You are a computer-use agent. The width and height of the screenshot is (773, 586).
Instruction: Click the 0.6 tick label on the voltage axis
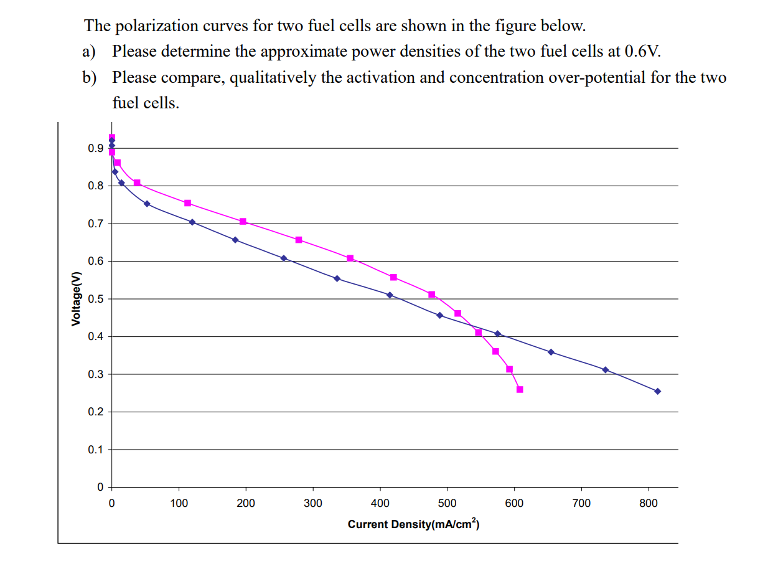95,262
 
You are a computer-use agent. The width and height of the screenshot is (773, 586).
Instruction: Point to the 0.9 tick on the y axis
95,148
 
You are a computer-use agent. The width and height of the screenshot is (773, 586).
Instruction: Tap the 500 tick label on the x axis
447,503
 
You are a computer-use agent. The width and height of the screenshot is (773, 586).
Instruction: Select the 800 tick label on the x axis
648,503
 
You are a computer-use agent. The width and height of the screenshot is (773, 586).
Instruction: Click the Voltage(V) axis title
76,299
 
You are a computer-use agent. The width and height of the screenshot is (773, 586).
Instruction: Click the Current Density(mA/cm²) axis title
413,524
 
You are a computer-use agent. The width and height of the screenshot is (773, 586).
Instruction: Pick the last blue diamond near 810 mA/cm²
657,391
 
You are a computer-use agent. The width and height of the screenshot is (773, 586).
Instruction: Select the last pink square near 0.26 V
520,389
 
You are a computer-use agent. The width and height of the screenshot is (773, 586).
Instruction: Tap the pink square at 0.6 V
350,258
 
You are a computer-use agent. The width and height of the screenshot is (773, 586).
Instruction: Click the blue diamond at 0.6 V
284,258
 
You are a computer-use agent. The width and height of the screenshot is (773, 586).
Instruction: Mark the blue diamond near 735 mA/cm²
606,369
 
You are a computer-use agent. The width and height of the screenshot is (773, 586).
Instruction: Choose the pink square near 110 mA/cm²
187,203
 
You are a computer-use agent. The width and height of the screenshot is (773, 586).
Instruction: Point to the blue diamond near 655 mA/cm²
551,352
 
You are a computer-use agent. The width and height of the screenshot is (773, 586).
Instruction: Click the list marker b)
90,78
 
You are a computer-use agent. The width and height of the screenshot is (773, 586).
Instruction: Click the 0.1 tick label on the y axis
95,450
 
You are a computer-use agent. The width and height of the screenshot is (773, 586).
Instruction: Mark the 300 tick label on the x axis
312,503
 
